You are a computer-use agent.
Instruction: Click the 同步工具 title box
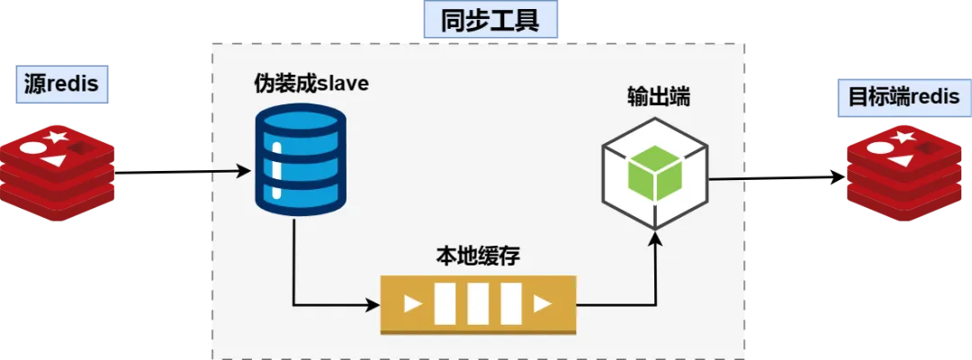[x=490, y=20]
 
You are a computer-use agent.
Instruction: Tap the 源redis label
[x=62, y=84]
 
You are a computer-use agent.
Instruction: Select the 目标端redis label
[x=904, y=97]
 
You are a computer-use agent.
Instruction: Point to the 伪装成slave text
[x=311, y=83]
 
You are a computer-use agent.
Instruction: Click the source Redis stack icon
[x=58, y=173]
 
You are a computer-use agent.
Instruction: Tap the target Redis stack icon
[x=904, y=173]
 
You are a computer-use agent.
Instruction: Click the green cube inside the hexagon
[x=655, y=173]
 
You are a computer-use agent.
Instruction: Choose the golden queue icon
[x=478, y=305]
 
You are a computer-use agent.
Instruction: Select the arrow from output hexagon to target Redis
[x=778, y=178]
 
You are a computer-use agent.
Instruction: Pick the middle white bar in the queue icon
[x=478, y=304]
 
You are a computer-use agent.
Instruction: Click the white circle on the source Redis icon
[x=33, y=148]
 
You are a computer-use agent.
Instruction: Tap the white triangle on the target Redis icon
[x=899, y=160]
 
